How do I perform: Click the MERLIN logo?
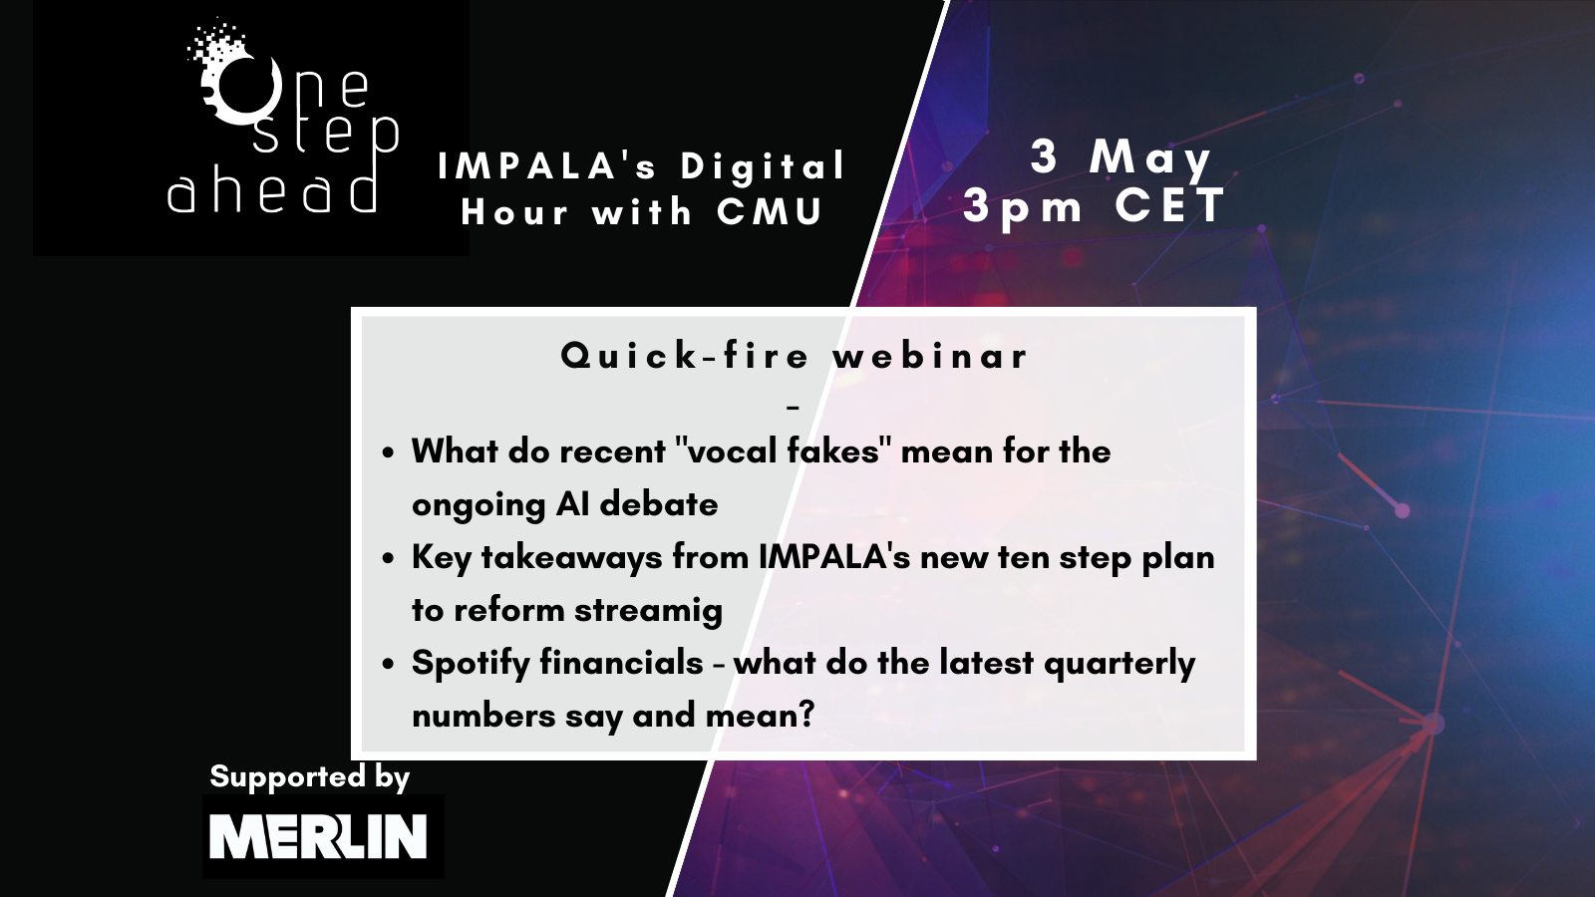point(323,836)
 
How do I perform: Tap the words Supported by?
point(310,777)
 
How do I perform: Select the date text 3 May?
point(1121,158)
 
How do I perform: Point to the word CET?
point(1170,205)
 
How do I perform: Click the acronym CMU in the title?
point(771,211)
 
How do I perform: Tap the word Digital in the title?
point(763,166)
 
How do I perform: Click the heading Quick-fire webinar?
point(795,355)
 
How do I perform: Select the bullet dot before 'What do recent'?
point(388,453)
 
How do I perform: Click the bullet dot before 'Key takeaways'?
point(388,559)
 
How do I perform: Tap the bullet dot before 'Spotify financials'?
point(388,665)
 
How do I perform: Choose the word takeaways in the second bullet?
point(572,558)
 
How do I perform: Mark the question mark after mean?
point(806,715)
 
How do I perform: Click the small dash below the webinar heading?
point(794,408)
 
